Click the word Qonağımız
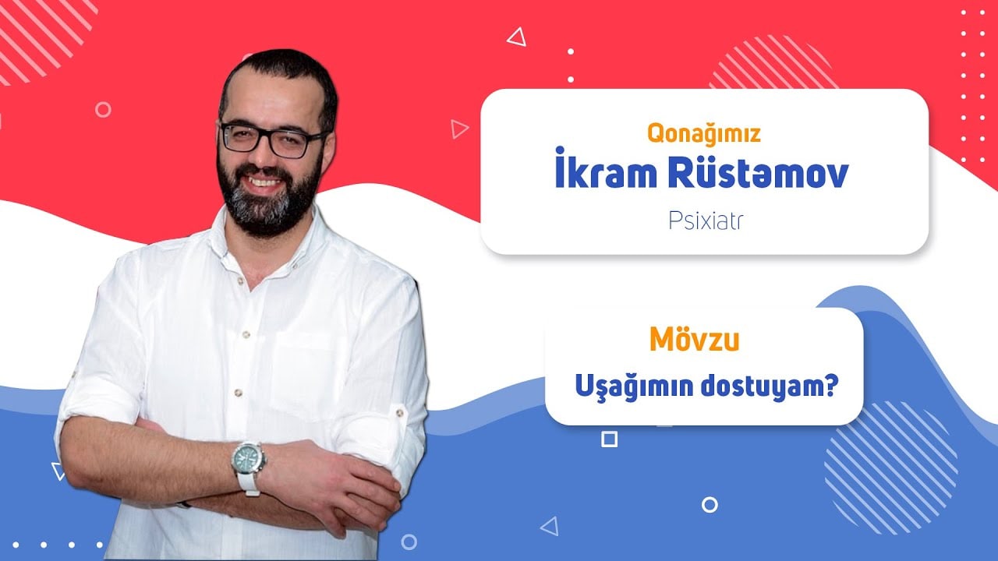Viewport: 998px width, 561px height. [x=703, y=133]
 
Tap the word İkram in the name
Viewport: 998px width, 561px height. [x=606, y=169]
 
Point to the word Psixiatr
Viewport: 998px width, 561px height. [x=706, y=221]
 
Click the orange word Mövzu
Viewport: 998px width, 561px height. [x=695, y=340]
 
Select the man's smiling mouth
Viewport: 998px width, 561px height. [x=263, y=182]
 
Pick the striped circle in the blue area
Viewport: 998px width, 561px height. [x=891, y=467]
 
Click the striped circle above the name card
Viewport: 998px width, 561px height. [x=773, y=62]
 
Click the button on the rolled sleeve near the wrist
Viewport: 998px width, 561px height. [x=399, y=412]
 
